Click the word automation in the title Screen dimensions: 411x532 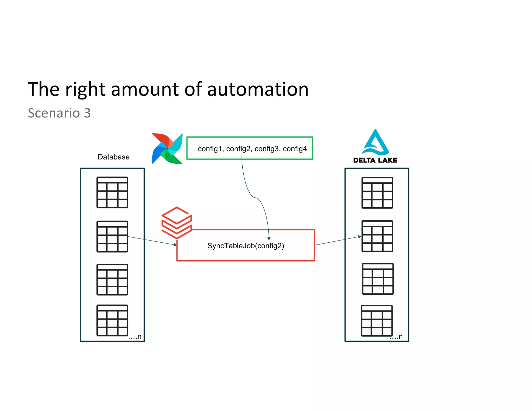[258, 89]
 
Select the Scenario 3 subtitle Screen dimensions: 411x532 [59, 113]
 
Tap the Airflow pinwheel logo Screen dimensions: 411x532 [167, 149]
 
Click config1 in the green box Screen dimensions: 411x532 [210, 149]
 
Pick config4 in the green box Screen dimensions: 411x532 [295, 149]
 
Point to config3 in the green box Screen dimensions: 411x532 [267, 149]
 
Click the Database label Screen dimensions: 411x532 [114, 157]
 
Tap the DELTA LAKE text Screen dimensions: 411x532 [375, 160]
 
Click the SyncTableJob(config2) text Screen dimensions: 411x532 [246, 246]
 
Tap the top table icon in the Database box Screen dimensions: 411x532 [112, 193]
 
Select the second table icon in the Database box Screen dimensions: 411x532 [112, 236]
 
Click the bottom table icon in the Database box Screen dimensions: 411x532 [112, 320]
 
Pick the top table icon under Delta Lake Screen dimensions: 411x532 [377, 193]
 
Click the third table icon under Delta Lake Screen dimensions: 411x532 [378, 279]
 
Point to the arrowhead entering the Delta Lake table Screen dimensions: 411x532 [360, 237]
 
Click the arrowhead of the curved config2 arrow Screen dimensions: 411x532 [269, 238]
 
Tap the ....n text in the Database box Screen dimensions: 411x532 [135, 337]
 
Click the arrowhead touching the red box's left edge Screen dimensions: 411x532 [175, 245]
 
